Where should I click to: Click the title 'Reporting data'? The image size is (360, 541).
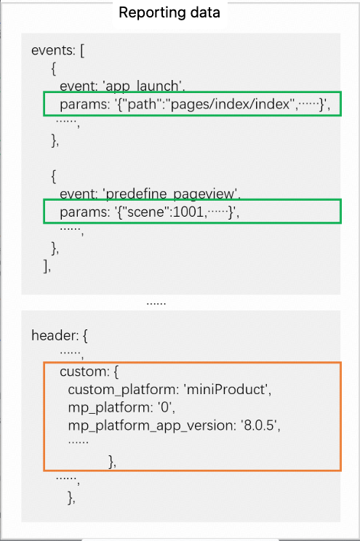169,13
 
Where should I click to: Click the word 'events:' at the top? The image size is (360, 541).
53,50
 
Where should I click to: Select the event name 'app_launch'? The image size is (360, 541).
143,86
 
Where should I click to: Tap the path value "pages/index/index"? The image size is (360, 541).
230,104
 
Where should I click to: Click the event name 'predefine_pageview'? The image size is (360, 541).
171,193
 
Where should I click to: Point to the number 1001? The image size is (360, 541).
188,212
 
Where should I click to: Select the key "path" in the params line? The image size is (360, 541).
142,104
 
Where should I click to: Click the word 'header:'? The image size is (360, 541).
55,335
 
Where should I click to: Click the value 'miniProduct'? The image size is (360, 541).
226,390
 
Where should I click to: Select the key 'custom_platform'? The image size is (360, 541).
123,390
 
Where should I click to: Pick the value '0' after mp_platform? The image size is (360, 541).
165,407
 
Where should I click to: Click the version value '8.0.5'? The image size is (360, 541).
259,425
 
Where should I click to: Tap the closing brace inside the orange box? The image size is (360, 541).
111,461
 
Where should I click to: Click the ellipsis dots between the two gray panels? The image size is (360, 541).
156,303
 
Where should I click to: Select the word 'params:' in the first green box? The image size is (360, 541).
84,104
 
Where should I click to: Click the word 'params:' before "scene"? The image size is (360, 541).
84,212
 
